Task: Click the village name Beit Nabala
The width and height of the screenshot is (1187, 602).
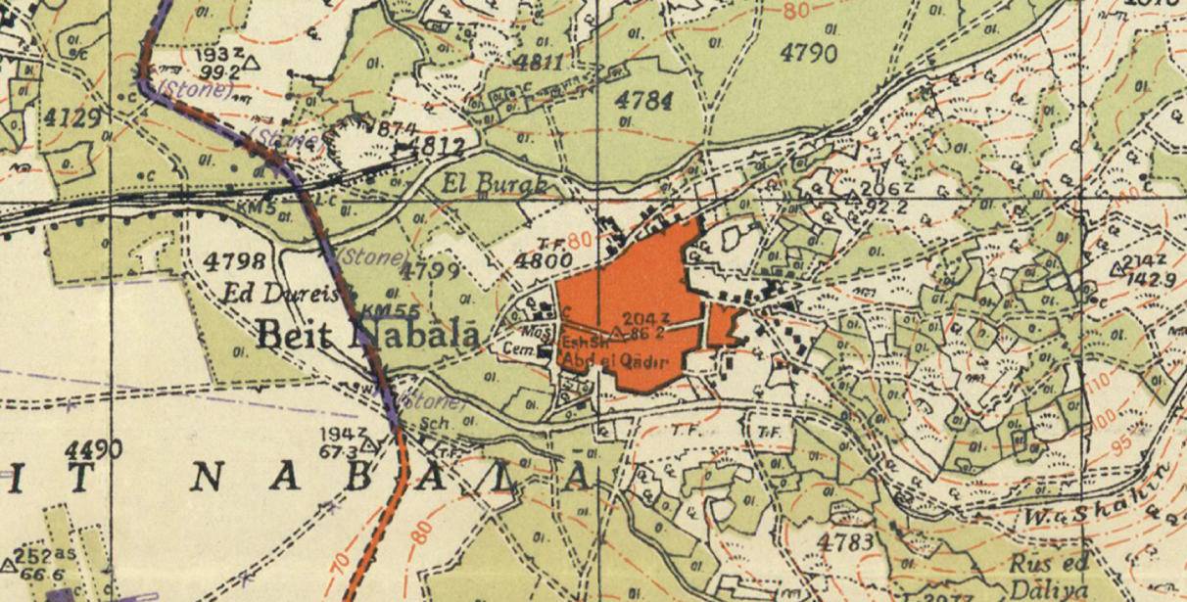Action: click(367, 335)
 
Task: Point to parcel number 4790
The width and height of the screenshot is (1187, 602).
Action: click(809, 53)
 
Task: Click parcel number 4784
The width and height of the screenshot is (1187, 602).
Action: click(643, 101)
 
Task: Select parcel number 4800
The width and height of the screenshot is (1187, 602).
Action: click(544, 260)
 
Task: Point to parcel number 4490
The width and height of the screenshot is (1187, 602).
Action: click(94, 449)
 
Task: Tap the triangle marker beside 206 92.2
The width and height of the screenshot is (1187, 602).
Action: click(852, 198)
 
